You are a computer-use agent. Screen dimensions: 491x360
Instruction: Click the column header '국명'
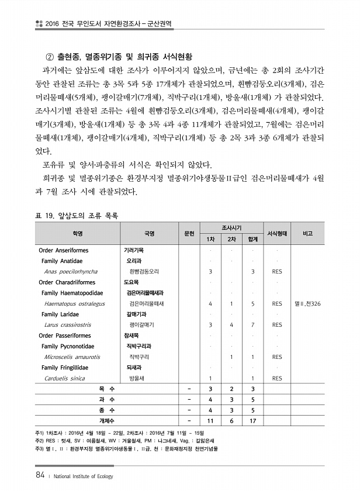click(148, 233)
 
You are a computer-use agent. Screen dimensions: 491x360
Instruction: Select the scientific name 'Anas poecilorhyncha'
click(71, 272)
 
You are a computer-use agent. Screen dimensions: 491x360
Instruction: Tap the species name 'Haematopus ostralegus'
click(74, 304)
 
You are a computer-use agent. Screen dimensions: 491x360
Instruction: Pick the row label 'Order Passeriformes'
click(65, 336)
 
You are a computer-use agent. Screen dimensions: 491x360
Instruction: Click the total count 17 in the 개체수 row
click(252, 421)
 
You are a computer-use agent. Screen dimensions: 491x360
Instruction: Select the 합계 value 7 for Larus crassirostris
click(252, 325)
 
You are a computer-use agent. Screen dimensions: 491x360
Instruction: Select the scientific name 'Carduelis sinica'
click(64, 378)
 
